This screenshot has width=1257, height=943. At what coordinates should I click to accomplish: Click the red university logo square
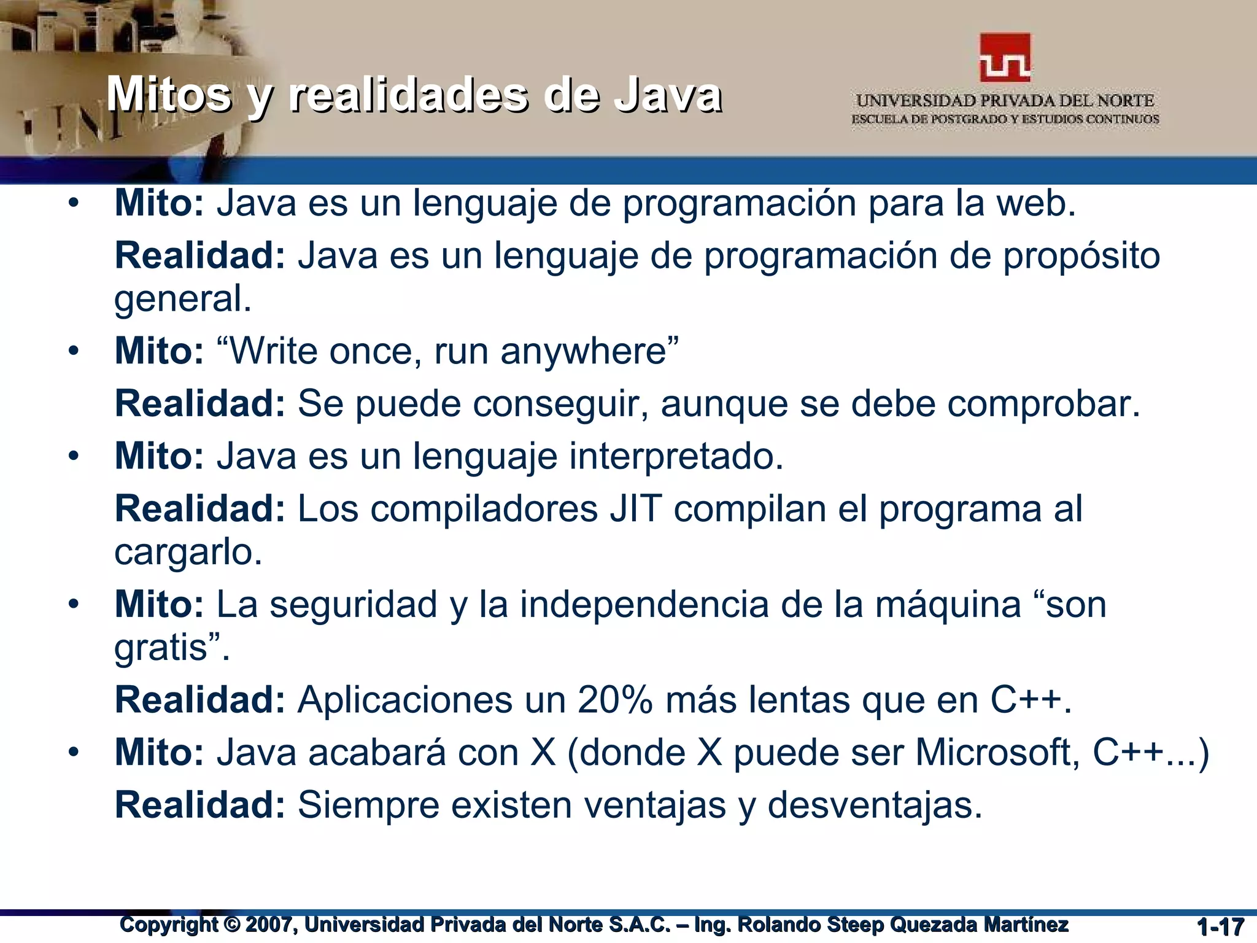click(x=1005, y=58)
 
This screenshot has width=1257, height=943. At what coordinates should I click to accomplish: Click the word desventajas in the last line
click(x=874, y=805)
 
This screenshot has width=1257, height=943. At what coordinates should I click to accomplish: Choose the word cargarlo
click(x=188, y=552)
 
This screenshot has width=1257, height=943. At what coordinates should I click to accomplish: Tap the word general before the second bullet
click(x=182, y=299)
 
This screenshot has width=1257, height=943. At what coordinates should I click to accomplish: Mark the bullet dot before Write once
click(x=74, y=352)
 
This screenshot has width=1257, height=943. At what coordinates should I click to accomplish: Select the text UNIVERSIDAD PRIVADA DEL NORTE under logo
click(x=1005, y=101)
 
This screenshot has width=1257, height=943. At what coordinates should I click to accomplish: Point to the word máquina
click(x=948, y=604)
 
